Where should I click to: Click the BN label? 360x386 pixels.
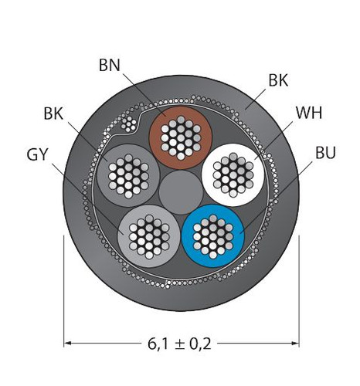pos(110,66)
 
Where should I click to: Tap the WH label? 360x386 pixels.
pos(309,113)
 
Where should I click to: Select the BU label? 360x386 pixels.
pos(325,153)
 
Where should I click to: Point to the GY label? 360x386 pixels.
pos(37,155)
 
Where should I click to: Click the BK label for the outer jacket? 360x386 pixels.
pos(278,80)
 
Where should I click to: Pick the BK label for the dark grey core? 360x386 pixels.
pos(53,113)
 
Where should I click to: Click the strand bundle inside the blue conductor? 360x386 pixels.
pos(213,236)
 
